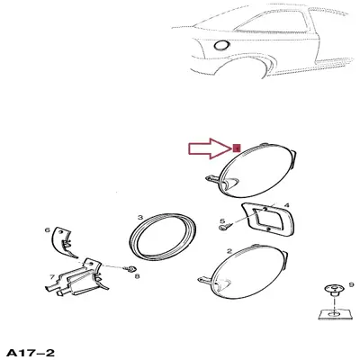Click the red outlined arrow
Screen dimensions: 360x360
(210, 148)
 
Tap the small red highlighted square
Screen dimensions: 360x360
(237, 148)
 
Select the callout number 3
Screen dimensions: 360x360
(140, 218)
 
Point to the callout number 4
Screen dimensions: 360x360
(287, 205)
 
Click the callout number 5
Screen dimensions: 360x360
(222, 221)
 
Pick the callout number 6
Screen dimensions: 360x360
(47, 230)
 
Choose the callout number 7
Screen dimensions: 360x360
(52, 277)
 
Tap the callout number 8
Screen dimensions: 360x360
(137, 276)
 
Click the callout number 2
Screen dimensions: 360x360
(229, 251)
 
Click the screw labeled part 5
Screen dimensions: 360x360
(227, 226)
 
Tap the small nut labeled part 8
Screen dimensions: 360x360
(130, 268)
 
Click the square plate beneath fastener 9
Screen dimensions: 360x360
(326, 314)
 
